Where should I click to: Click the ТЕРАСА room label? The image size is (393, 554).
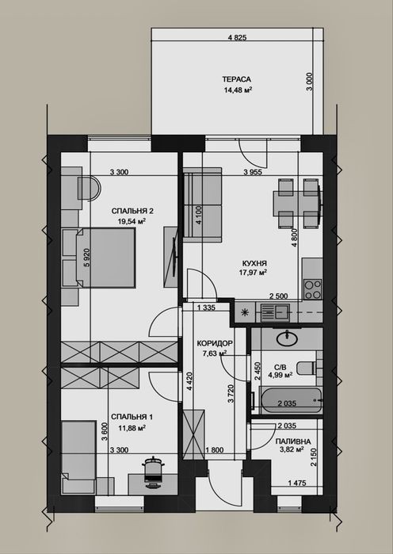pyautogui.click(x=236, y=79)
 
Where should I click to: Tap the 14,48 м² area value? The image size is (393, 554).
pyautogui.click(x=238, y=90)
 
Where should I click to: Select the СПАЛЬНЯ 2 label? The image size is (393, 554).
pyautogui.click(x=132, y=212)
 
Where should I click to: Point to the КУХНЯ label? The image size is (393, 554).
pyautogui.click(x=254, y=263)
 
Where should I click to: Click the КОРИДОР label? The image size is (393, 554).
pyautogui.click(x=215, y=343)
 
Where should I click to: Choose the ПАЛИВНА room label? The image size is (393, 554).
pyautogui.click(x=293, y=441)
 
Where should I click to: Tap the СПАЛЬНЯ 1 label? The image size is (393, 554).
pyautogui.click(x=132, y=417)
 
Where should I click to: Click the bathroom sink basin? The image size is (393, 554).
pyautogui.click(x=287, y=339)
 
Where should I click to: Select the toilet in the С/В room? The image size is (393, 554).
pyautogui.click(x=306, y=368)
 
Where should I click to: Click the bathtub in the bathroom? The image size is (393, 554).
pyautogui.click(x=291, y=400)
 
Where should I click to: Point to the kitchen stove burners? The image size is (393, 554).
pyautogui.click(x=313, y=289)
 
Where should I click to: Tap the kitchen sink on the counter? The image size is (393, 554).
pyautogui.click(x=275, y=312)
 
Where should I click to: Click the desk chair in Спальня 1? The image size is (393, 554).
pyautogui.click(x=153, y=472)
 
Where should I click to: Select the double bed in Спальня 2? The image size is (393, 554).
pyautogui.click(x=105, y=258)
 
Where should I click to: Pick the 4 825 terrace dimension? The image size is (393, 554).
pyautogui.click(x=237, y=38)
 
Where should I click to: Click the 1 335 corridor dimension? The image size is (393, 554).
pyautogui.click(x=206, y=308)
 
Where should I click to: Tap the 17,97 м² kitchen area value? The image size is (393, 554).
pyautogui.click(x=253, y=273)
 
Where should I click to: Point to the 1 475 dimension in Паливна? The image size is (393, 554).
pyautogui.click(x=297, y=483)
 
